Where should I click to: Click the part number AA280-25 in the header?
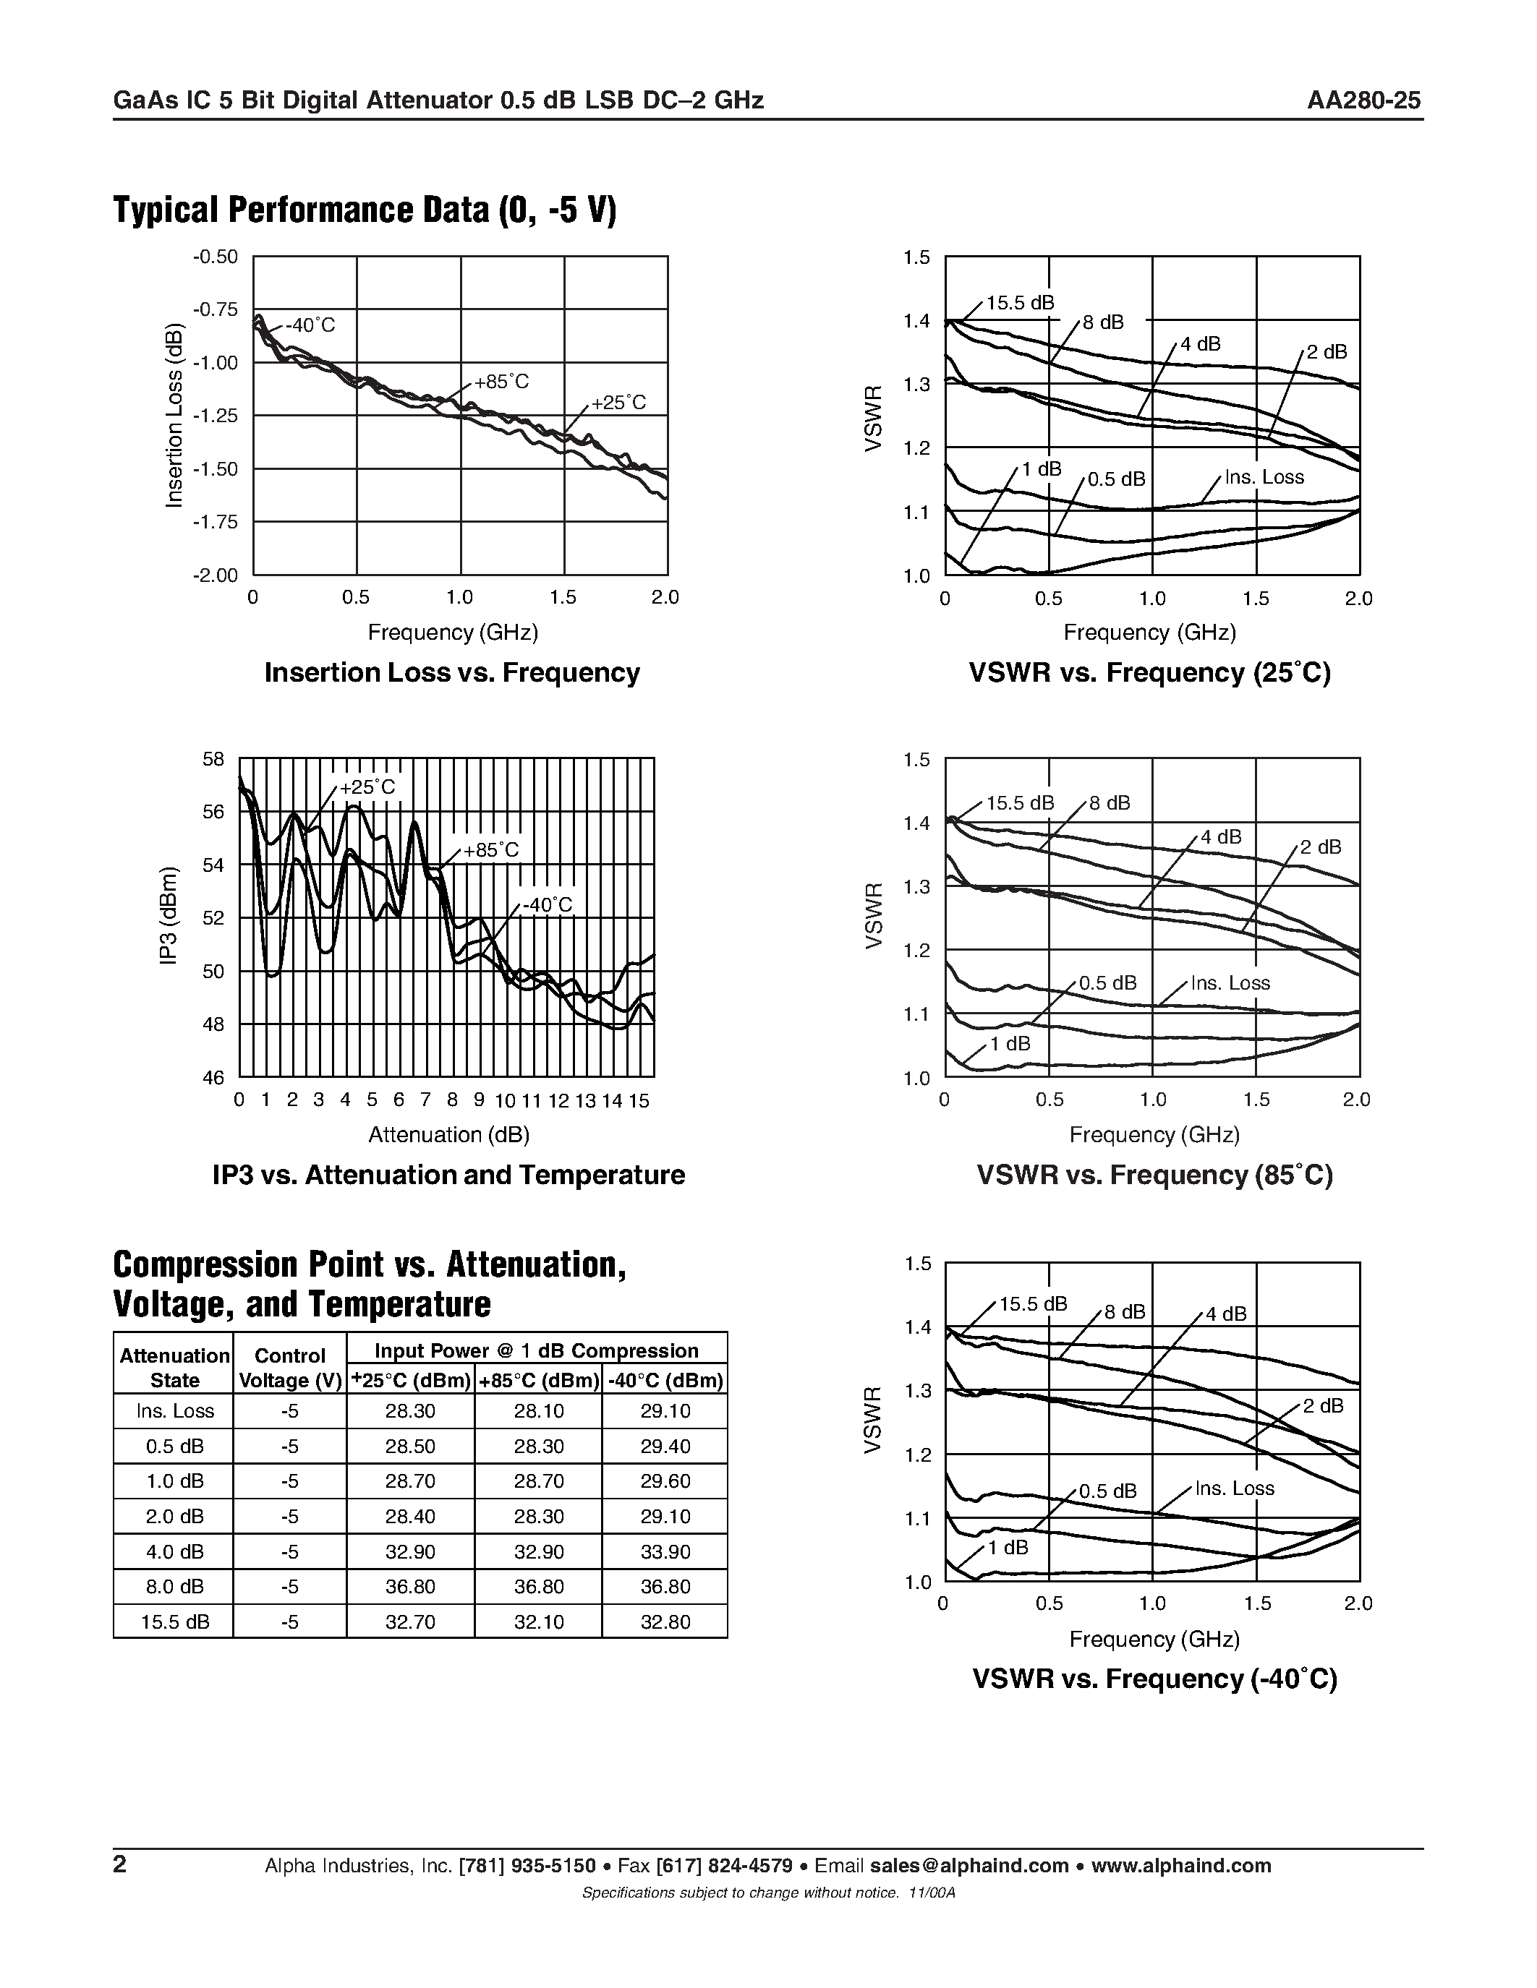(1363, 100)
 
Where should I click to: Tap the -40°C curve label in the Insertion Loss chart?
(310, 325)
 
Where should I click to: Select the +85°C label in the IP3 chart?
(491, 849)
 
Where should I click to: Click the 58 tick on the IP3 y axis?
(213, 758)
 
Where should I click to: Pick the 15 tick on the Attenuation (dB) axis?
(639, 1100)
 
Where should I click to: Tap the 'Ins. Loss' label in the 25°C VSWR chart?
(1264, 477)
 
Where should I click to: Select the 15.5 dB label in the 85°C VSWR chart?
(1020, 803)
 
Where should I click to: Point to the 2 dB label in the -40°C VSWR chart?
(1323, 1405)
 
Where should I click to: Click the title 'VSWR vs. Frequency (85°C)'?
(1154, 1175)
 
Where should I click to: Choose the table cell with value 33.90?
(665, 1551)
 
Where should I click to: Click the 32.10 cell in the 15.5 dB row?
(538, 1622)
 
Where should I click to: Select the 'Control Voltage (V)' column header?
(289, 1368)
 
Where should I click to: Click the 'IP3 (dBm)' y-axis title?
(169, 917)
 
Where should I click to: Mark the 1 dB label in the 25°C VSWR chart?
(1041, 468)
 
